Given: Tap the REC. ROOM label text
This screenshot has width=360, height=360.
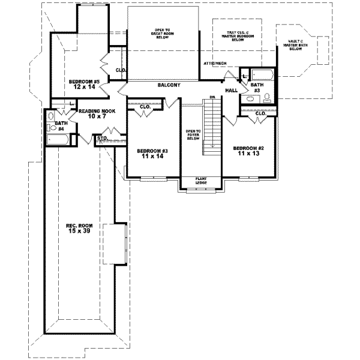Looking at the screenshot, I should pos(78,226).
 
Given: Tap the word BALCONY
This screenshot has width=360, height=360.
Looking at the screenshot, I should pos(169,85).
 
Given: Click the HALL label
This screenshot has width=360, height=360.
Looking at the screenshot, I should pos(232,91).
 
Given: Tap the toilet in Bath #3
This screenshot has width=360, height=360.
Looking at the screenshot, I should pos(268,97).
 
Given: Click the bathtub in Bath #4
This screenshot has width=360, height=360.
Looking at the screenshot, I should pos(58,140).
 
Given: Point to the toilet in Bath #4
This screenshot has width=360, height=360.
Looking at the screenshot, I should pos(51,116).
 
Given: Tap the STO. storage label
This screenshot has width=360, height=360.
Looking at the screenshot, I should pos(102,139).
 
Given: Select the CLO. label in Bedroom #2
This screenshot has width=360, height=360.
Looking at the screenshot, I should pos(260,113).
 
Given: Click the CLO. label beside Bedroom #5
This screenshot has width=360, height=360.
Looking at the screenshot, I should pos(120,70).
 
